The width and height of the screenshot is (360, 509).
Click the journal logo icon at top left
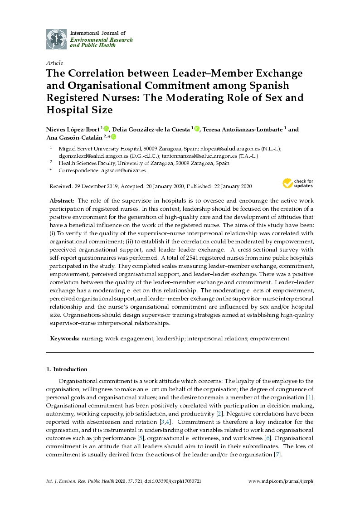(56, 39)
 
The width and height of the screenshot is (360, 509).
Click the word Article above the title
(55, 63)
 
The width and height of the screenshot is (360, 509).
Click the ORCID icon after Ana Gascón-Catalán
(113, 137)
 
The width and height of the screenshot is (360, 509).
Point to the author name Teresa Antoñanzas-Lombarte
(243, 129)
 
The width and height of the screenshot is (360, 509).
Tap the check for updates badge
(297, 183)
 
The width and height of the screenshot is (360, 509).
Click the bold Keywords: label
(65, 338)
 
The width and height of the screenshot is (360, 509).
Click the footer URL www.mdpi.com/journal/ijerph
(281, 481)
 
